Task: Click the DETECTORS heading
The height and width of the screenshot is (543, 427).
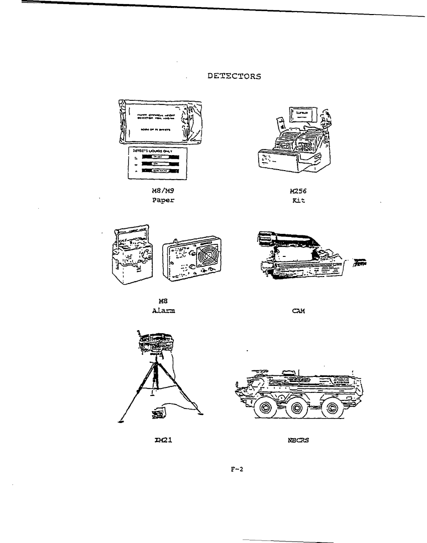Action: [234, 77]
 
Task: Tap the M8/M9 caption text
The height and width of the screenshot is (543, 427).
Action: [158, 190]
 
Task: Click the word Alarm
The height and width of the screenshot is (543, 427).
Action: [164, 310]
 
